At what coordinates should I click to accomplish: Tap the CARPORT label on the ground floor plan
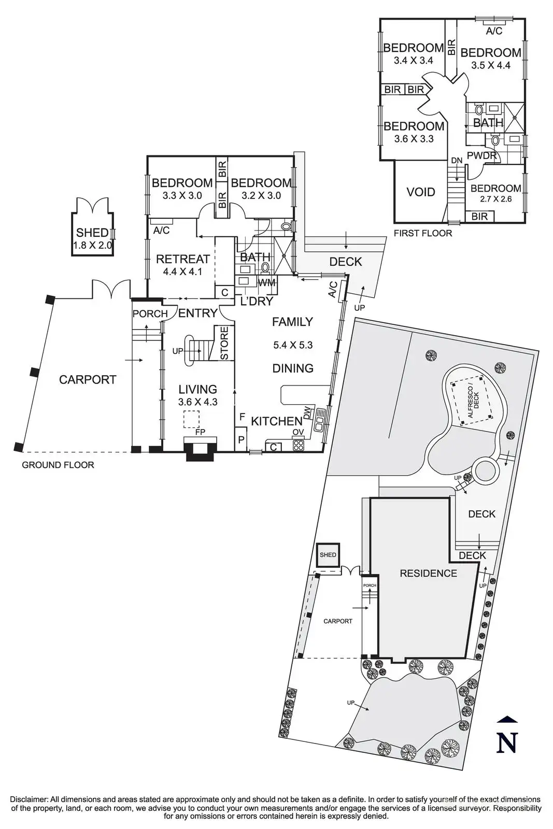(88, 379)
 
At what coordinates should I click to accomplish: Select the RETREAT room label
(183, 259)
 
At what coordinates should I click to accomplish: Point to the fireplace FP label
(200, 432)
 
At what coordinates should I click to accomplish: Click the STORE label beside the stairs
(224, 343)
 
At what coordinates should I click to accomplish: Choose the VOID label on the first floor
(420, 192)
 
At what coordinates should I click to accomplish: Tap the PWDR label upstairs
(481, 155)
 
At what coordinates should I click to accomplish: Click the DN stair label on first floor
(457, 160)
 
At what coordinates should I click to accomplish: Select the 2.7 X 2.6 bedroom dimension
(495, 199)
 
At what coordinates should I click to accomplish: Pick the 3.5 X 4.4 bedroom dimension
(491, 65)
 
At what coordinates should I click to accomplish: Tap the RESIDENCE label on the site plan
(428, 573)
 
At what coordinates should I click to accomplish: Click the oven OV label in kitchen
(298, 432)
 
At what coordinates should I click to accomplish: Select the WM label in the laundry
(266, 283)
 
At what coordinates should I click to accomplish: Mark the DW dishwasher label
(307, 415)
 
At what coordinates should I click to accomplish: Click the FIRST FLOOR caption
(423, 233)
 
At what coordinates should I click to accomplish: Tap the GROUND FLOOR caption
(58, 465)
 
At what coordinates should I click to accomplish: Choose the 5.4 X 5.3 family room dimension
(293, 345)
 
